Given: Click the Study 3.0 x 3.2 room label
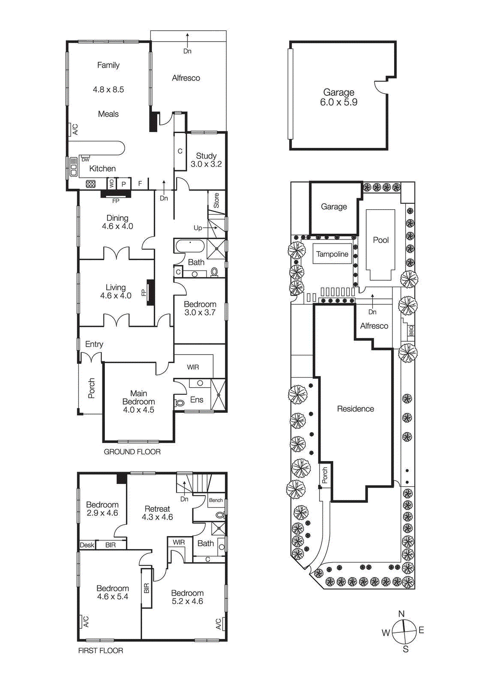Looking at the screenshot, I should [x=206, y=160].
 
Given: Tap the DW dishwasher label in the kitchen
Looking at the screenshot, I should [x=86, y=159].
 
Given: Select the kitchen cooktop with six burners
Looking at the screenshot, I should [x=91, y=184].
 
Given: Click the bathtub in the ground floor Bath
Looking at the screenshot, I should [x=190, y=246].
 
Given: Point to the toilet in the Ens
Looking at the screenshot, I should [x=180, y=403].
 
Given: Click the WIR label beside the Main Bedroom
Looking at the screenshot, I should [x=193, y=367].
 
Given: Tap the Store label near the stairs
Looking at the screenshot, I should [x=216, y=200].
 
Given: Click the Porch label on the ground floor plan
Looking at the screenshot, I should [x=91, y=388].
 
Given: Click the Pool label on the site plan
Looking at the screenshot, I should [x=380, y=240].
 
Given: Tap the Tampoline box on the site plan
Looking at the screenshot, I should [x=332, y=254].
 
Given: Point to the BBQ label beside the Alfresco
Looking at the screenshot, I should [x=411, y=330].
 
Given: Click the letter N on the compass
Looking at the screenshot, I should [x=401, y=614].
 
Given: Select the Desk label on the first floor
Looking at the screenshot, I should [x=87, y=545].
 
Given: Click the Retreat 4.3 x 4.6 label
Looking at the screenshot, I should [x=157, y=513].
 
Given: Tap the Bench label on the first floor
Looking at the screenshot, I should [x=216, y=500].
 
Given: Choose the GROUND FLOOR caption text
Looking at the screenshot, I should [x=132, y=451].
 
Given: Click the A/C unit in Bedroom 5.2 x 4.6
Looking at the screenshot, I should [x=219, y=623].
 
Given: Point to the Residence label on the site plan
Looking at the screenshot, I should [x=355, y=409].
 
